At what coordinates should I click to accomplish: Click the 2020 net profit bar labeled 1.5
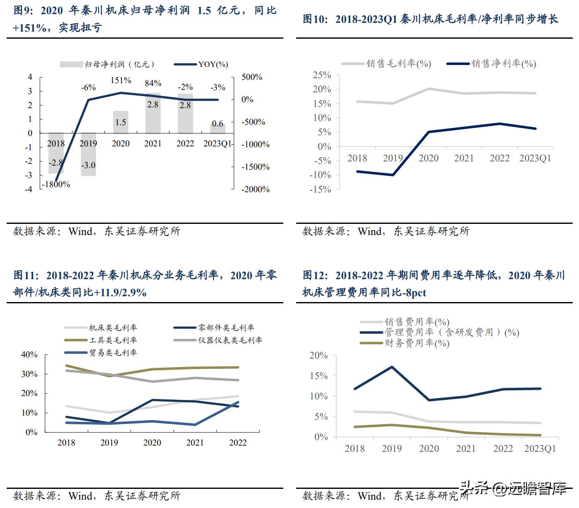tap(121, 122)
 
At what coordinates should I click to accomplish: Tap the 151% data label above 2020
tap(121, 80)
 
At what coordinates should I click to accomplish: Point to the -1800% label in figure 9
tap(56, 184)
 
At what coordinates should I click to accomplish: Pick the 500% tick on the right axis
tap(252, 77)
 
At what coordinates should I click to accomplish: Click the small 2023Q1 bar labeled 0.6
tap(218, 128)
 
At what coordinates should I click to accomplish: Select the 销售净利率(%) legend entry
tap(492, 64)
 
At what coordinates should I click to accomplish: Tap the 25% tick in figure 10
tap(322, 75)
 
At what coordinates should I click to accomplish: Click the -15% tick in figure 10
tap(321, 189)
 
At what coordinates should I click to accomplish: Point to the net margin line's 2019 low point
tap(393, 175)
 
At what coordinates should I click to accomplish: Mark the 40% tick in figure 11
tap(29, 354)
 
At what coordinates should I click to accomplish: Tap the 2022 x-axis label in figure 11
tap(238, 443)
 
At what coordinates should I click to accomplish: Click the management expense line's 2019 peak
tap(392, 367)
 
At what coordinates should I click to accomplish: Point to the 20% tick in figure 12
tap(319, 356)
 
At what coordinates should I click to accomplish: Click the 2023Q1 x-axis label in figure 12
tap(540, 449)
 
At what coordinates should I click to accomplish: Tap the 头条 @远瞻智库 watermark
tap(512, 488)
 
